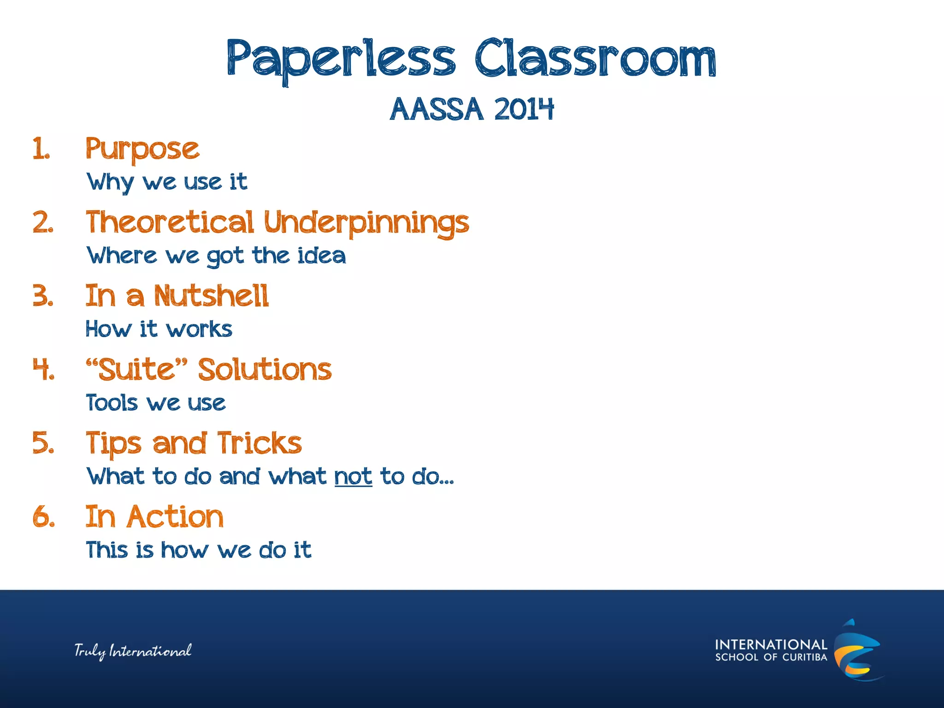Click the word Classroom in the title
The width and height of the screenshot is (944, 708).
coord(595,59)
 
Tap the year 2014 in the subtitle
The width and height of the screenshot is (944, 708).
coord(523,110)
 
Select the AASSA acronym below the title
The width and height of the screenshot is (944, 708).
coord(436,110)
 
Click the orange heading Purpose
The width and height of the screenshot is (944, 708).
coord(142,150)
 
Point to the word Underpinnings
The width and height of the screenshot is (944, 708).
coord(366,223)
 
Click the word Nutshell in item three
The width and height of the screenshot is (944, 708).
coord(211,296)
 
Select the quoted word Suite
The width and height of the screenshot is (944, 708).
coord(137,370)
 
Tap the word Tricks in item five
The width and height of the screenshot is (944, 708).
coord(259,443)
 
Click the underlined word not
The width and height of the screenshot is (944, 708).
coord(353,477)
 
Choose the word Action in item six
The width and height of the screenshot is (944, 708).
coord(175,517)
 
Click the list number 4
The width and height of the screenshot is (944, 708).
coord(43,370)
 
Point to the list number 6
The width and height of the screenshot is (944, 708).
coord(43,517)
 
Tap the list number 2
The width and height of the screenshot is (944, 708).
coord(43,223)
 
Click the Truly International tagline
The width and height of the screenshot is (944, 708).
coord(133,651)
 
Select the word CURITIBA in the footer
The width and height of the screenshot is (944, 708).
coord(805,657)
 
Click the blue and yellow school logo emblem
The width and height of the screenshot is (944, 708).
coord(856,650)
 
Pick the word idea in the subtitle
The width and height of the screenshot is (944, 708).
coord(322,256)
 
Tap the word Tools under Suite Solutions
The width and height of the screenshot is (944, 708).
coord(112,403)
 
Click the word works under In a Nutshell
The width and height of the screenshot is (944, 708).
coord(199,330)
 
